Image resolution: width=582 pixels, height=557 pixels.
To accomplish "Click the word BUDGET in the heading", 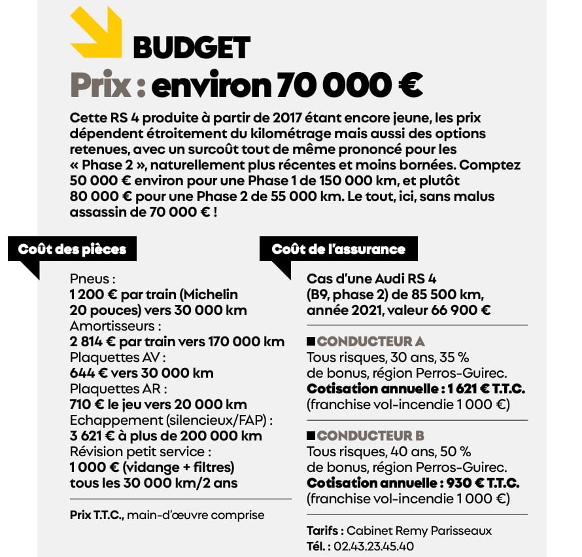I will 191,48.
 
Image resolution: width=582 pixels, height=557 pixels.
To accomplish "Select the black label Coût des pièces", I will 72,249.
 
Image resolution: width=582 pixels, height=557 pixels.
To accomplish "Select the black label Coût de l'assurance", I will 338,249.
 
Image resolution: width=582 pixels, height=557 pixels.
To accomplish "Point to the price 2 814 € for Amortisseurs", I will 93,342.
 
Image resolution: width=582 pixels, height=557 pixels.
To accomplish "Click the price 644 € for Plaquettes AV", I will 87,373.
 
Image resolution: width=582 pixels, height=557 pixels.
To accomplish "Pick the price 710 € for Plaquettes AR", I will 86,404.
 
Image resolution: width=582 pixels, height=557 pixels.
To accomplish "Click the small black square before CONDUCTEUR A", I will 311,342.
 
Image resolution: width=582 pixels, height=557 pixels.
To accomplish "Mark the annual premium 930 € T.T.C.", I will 484,483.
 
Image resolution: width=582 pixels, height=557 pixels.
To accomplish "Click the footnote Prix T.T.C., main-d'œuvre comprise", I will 167,515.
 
